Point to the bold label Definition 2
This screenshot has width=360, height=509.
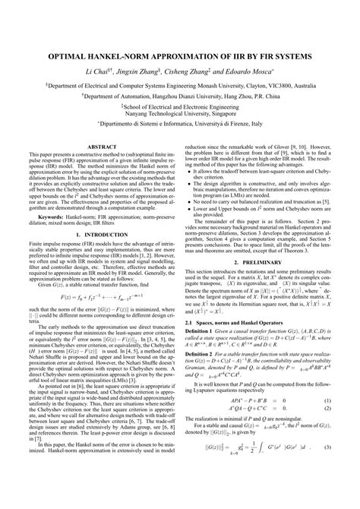point(204,395)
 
